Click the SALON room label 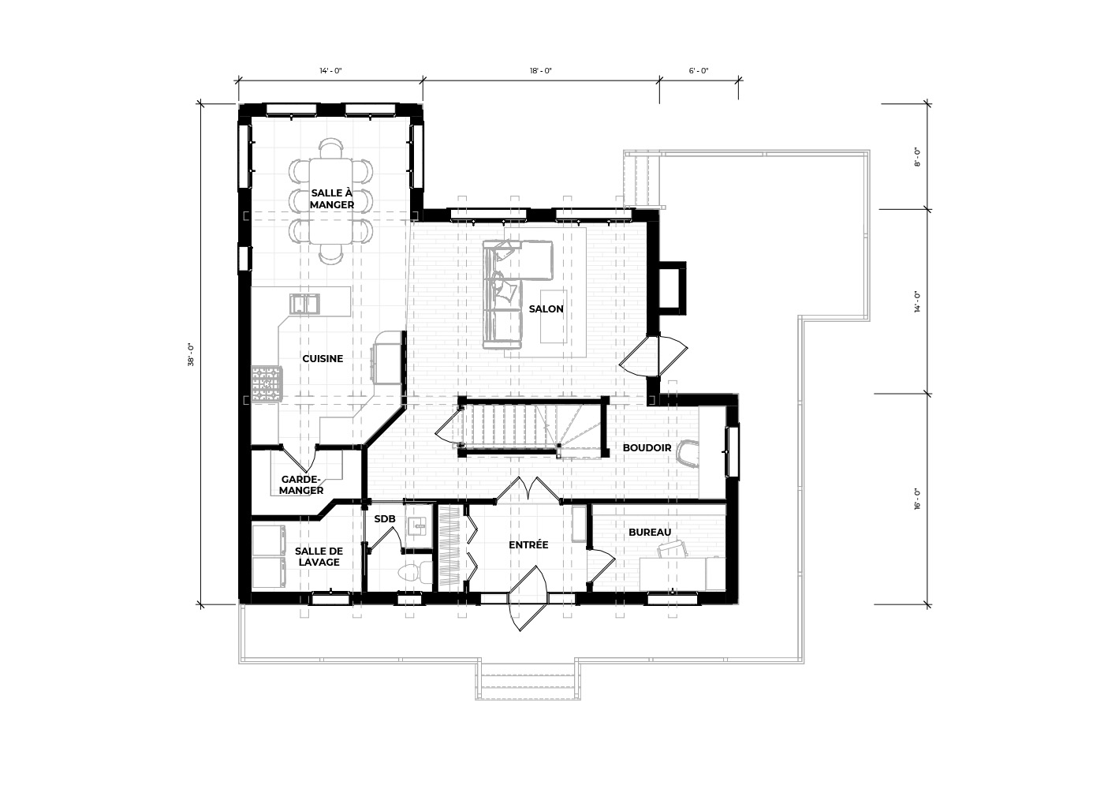(x=546, y=309)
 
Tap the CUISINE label (x=323, y=359)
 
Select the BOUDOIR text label (x=647, y=448)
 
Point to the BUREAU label (x=650, y=533)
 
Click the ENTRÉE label (x=528, y=545)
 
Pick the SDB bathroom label (x=385, y=519)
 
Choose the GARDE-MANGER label (x=301, y=484)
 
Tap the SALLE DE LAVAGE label (x=319, y=557)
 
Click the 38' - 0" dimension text (x=191, y=354)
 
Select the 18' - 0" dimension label (x=541, y=71)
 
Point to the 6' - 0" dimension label (x=699, y=71)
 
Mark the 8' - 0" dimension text (x=916, y=157)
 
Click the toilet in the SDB (x=408, y=573)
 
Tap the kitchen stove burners (x=267, y=383)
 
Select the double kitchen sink (x=304, y=304)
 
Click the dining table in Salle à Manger (x=330, y=200)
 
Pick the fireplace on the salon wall (x=672, y=287)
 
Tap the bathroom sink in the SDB (x=419, y=526)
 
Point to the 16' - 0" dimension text (x=916, y=499)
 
